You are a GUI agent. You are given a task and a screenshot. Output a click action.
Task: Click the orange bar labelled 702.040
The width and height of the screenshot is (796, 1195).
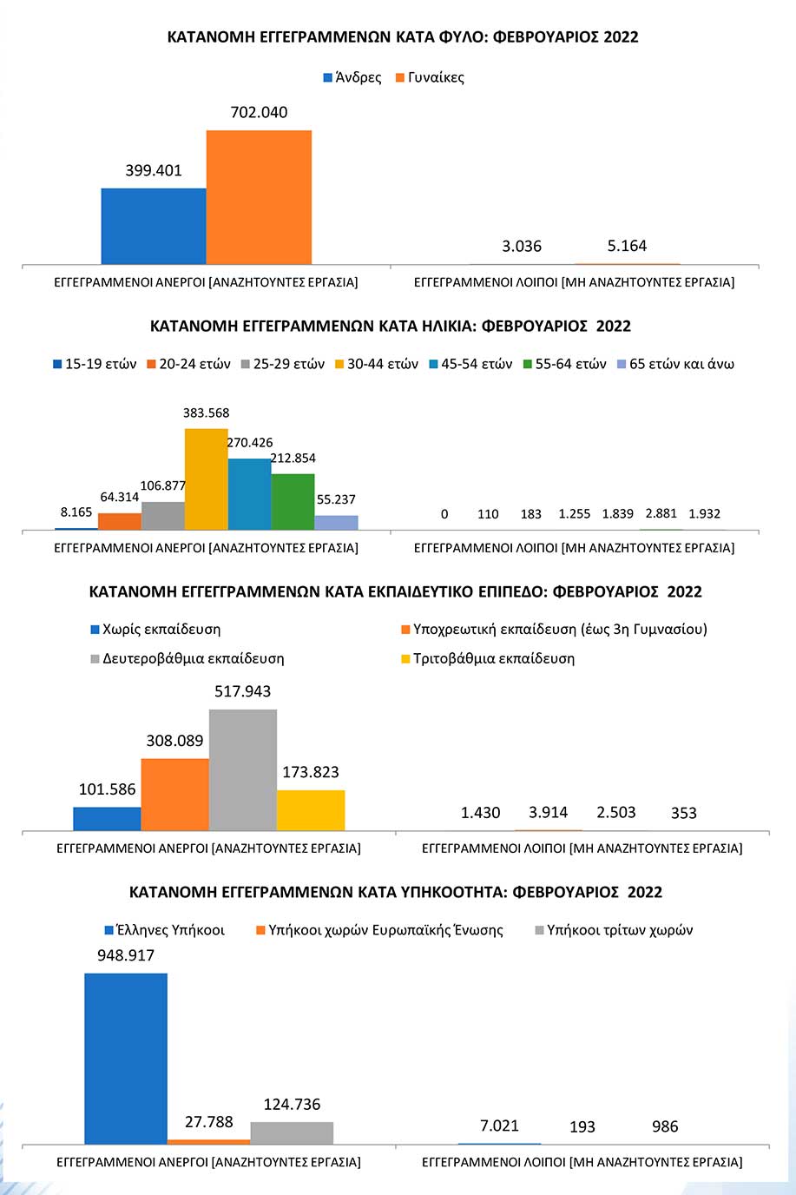tap(260, 197)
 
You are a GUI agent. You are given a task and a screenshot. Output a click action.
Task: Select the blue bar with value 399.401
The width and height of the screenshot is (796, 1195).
tap(154, 226)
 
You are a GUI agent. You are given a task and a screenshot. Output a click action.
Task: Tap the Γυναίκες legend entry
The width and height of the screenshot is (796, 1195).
tap(430, 78)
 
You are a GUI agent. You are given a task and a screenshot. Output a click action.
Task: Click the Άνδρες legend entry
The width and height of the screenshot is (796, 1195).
tap(352, 78)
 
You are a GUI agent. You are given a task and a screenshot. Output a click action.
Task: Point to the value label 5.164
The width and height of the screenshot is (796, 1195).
tap(627, 246)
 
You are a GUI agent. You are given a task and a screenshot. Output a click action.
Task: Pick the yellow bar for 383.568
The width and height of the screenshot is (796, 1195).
tap(207, 479)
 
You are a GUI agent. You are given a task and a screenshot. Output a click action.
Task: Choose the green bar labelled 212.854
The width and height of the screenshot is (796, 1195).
tap(293, 501)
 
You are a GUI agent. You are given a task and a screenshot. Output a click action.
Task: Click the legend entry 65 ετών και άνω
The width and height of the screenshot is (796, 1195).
tap(675, 364)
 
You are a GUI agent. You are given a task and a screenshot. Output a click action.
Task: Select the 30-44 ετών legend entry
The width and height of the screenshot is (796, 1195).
tap(377, 364)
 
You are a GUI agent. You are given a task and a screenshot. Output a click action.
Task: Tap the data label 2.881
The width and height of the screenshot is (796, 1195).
tap(661, 513)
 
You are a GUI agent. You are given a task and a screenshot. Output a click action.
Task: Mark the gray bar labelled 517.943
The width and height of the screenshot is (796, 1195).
tap(243, 769)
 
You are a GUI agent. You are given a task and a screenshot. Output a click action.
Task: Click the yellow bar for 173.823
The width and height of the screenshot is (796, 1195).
tap(311, 810)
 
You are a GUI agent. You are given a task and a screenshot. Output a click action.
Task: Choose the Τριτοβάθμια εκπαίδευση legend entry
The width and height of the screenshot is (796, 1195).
tap(488, 659)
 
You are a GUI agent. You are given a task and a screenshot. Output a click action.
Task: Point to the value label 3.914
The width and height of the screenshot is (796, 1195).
tap(548, 813)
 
